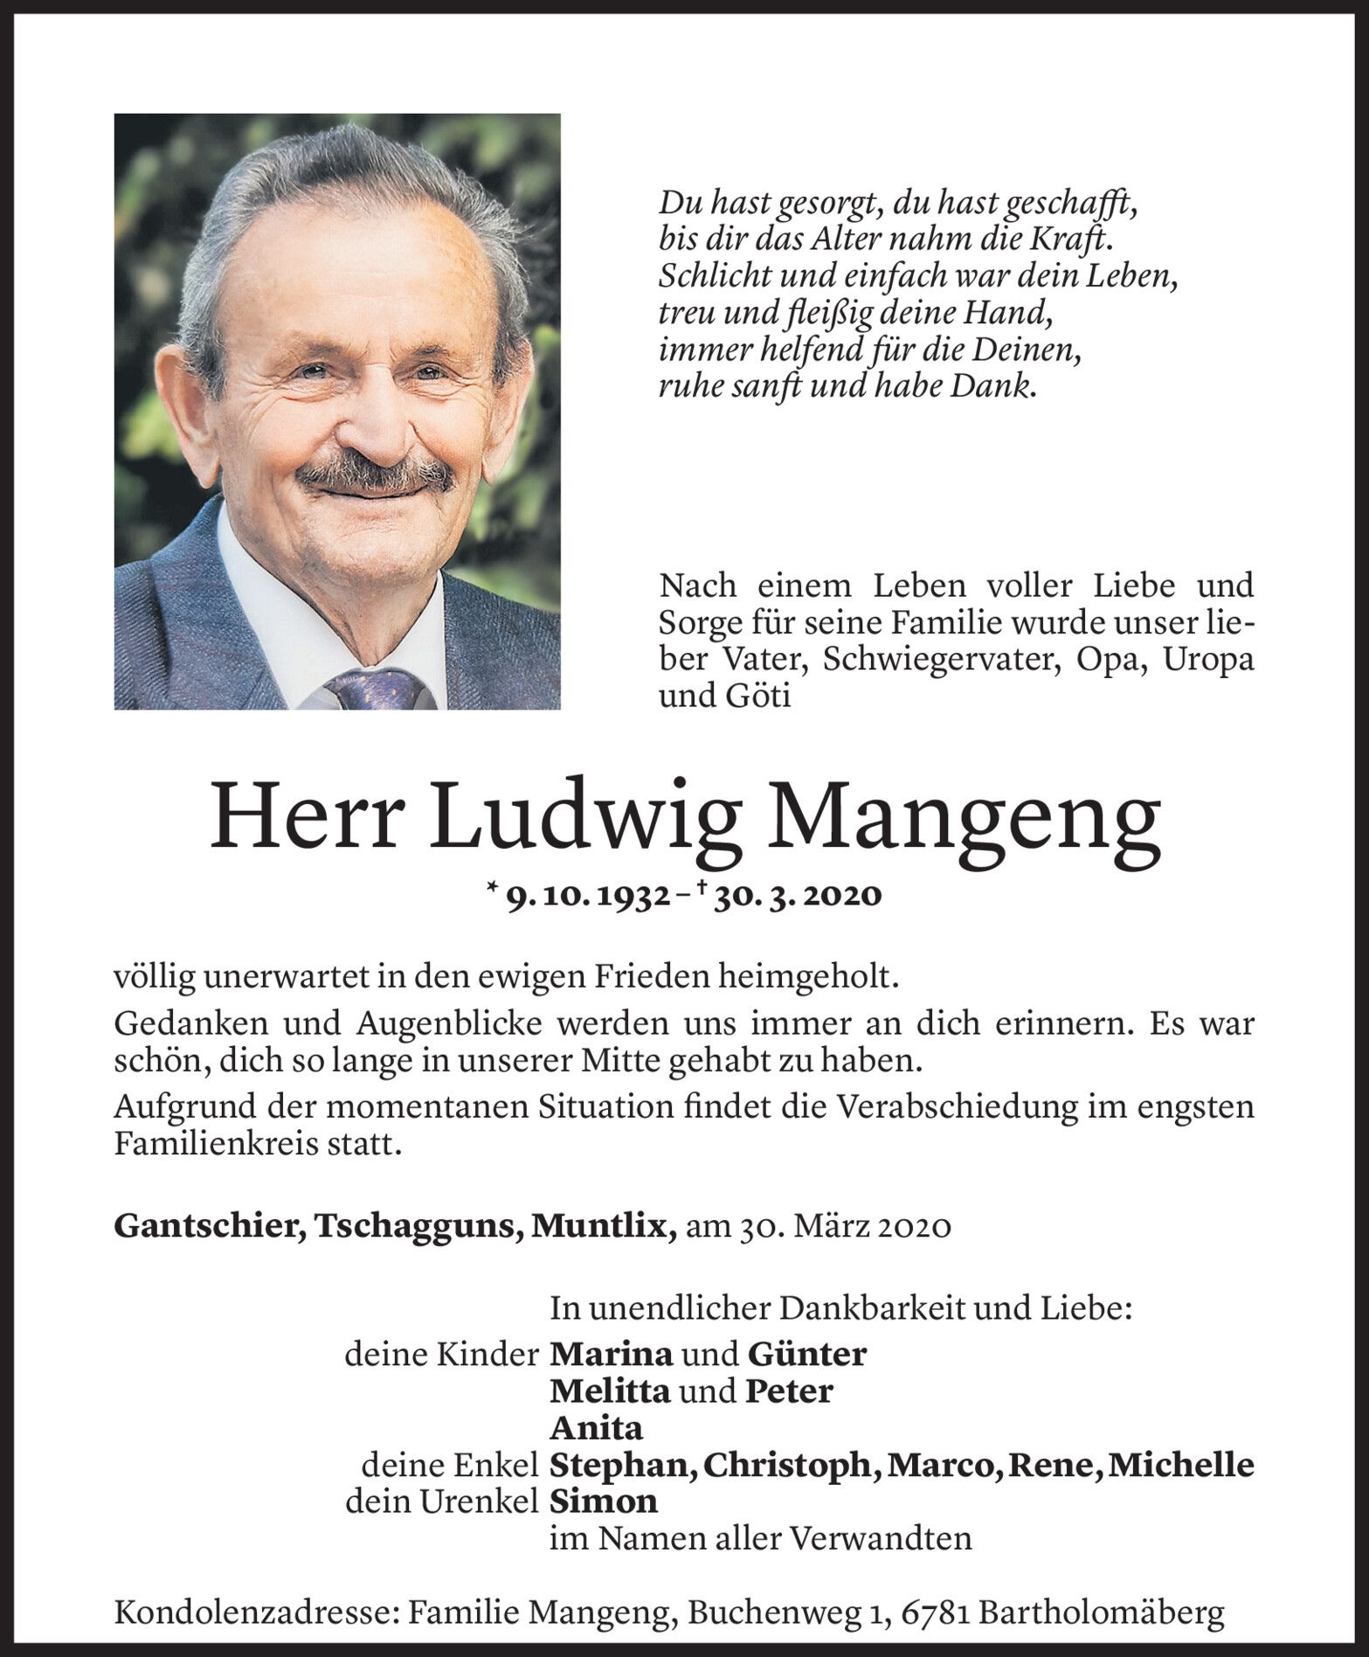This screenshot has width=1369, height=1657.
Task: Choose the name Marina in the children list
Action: (611, 1354)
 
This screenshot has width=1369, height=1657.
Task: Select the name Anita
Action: (596, 1428)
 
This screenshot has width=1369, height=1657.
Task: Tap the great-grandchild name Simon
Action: (603, 1501)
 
